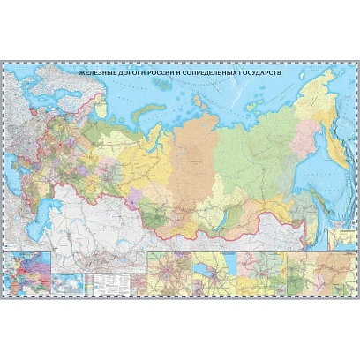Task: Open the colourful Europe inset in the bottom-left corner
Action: click(x=26, y=270)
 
